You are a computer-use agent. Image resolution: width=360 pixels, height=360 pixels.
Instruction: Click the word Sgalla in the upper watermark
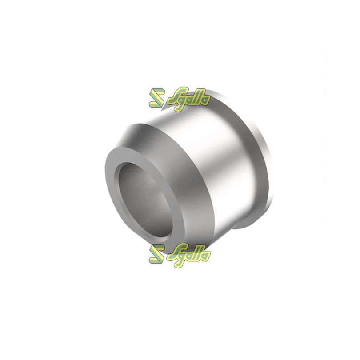(189, 99)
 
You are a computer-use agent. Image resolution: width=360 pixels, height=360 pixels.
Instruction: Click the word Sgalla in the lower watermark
(189, 255)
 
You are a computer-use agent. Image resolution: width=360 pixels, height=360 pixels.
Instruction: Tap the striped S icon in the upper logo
(157, 98)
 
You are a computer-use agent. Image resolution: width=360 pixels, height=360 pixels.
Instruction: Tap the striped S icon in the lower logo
(157, 254)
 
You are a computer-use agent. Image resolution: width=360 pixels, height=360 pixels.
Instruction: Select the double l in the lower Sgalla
(198, 254)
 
